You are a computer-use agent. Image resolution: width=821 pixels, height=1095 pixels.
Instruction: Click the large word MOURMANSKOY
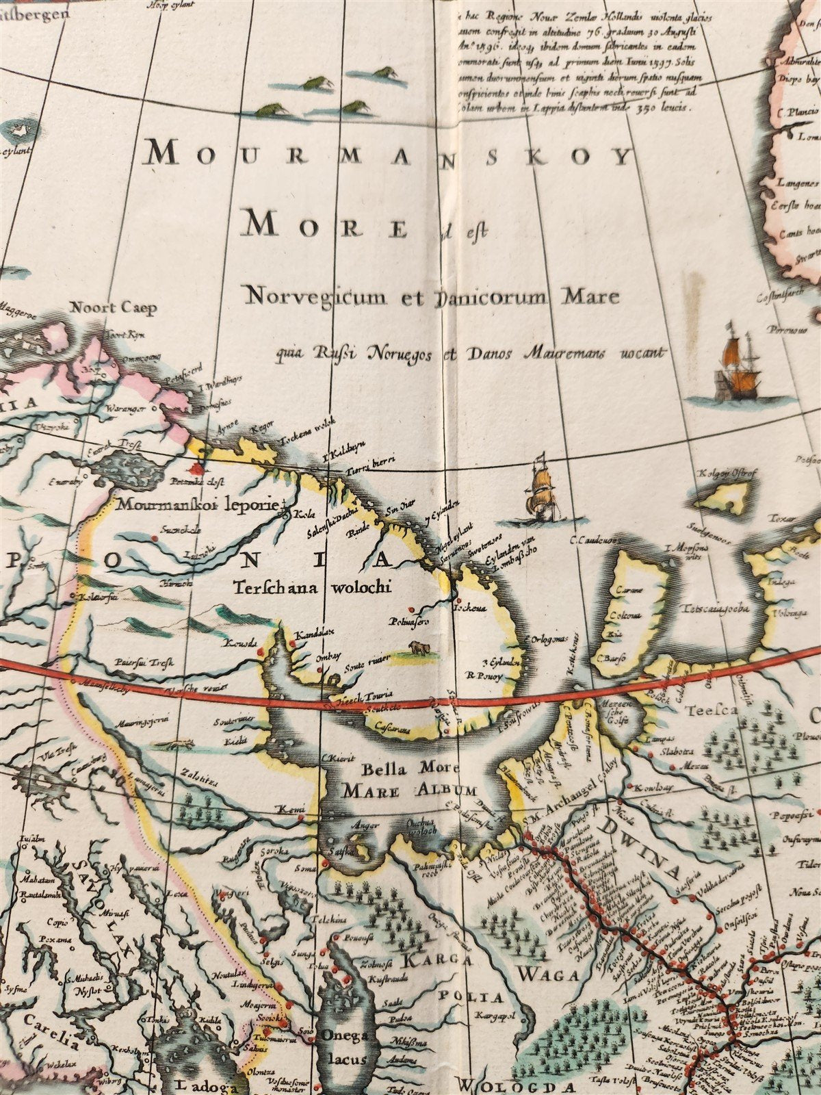388,156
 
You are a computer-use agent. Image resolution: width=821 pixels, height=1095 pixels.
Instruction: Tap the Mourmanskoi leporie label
198,505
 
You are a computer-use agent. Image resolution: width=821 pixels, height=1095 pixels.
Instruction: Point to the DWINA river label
640,847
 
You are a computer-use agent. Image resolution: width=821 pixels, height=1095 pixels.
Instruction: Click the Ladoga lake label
202,1084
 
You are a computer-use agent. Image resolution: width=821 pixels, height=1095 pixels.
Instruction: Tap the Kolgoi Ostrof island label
725,473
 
